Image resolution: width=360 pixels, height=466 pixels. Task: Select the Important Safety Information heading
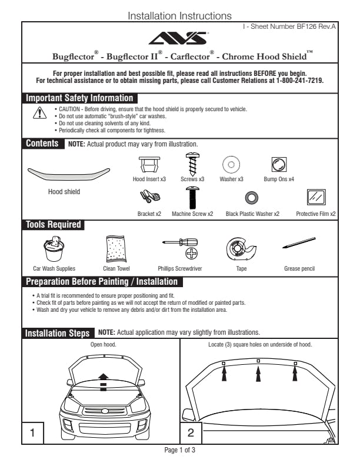point(79,98)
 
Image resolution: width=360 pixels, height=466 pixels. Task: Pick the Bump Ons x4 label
point(279,178)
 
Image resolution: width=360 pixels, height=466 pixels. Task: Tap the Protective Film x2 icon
point(316,197)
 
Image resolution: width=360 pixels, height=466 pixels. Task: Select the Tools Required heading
point(54,224)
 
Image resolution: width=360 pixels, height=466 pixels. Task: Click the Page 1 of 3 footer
point(180,450)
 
